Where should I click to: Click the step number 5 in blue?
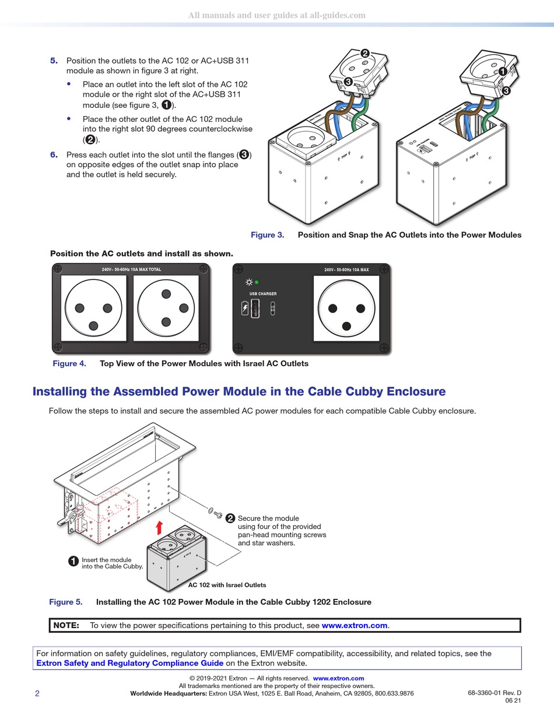(x=54, y=61)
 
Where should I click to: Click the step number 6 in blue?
(x=54, y=155)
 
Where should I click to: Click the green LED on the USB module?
(x=257, y=282)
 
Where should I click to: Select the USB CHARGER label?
(x=263, y=294)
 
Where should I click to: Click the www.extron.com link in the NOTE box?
(x=355, y=625)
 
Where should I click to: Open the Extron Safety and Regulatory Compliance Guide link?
(x=129, y=662)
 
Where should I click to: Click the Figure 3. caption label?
(x=267, y=235)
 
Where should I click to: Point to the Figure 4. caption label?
(x=69, y=363)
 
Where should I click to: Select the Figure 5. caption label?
(x=66, y=602)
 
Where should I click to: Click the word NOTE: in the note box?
(x=66, y=625)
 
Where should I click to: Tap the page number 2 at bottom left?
(x=37, y=693)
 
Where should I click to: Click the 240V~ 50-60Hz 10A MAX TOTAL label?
(x=131, y=269)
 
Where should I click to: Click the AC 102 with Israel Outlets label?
(x=227, y=585)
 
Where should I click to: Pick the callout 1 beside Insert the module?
(x=73, y=562)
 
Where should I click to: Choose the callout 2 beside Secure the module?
(x=230, y=518)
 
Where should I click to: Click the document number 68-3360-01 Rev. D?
(x=494, y=693)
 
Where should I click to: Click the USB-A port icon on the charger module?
(x=255, y=308)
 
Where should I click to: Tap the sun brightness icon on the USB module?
(x=248, y=282)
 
